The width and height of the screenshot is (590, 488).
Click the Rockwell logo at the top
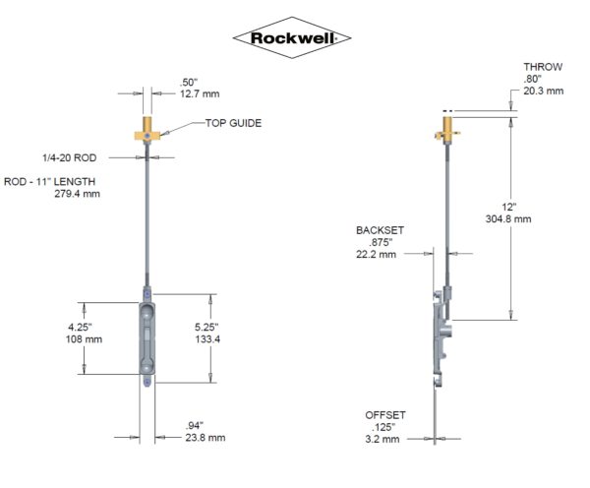pyautogui.click(x=291, y=38)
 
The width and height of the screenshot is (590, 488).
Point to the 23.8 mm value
pyautogui.click(x=205, y=438)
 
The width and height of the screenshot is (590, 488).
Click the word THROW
pyautogui.click(x=543, y=67)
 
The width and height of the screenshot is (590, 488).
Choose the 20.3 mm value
pyautogui.click(x=543, y=91)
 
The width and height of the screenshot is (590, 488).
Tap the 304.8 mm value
pyautogui.click(x=509, y=219)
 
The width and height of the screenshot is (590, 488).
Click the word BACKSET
pyautogui.click(x=380, y=229)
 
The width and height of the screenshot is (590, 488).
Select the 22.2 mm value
pyautogui.click(x=377, y=254)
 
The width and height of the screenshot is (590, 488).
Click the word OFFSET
pyautogui.click(x=384, y=415)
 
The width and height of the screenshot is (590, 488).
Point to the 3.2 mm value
pyautogui.click(x=383, y=439)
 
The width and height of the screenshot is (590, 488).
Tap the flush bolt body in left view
pyautogui.click(x=146, y=335)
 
